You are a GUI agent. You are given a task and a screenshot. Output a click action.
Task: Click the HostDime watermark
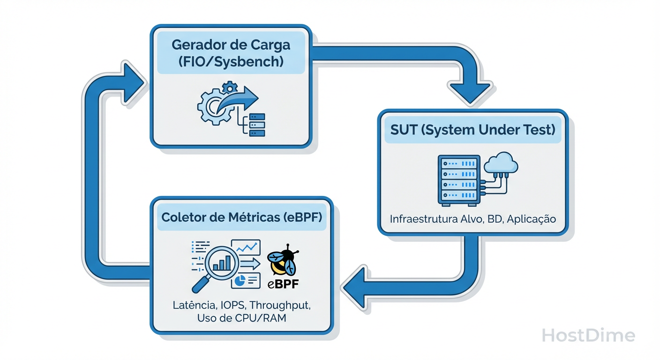click(x=588, y=336)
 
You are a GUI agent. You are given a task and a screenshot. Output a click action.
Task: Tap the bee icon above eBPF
click(x=283, y=263)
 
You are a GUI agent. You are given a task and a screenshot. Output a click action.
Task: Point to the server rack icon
click(x=459, y=180)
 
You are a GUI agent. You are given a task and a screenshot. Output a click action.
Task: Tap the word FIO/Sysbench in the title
click(x=231, y=62)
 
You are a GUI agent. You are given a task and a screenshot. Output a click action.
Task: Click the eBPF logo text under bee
click(x=283, y=284)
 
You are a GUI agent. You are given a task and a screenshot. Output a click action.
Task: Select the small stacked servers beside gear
click(x=256, y=125)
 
